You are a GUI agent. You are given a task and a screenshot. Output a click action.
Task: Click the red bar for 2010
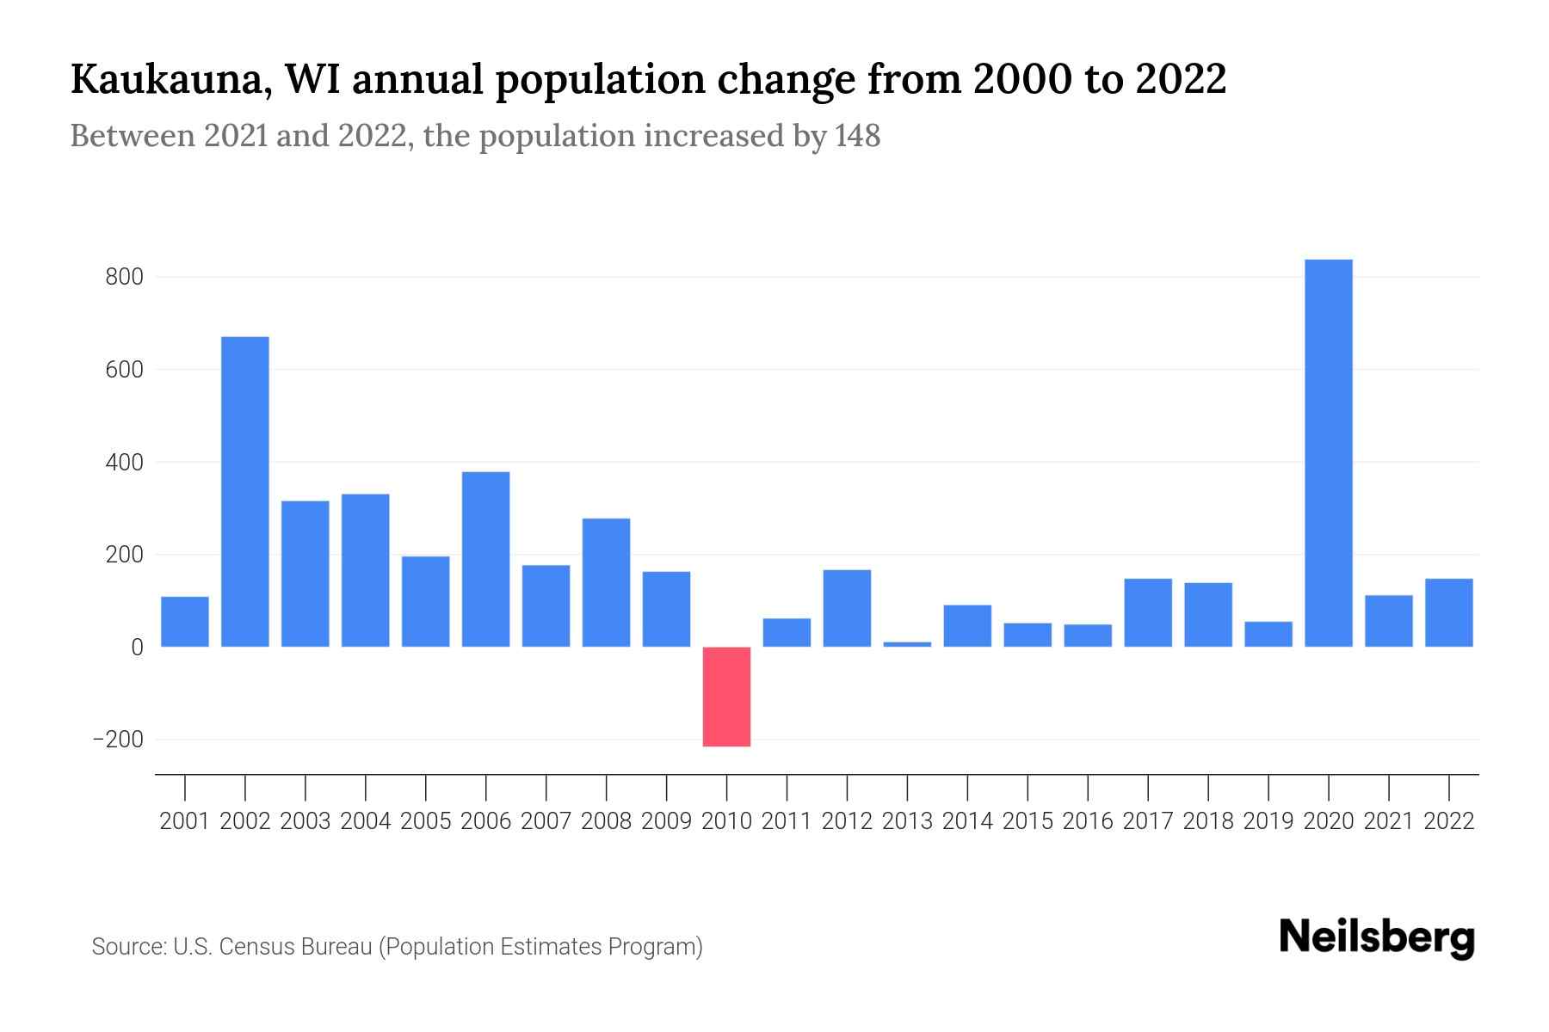[726, 696]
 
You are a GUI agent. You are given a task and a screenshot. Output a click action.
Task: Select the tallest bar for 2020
[1328, 453]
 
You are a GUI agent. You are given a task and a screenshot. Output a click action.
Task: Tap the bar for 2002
[245, 491]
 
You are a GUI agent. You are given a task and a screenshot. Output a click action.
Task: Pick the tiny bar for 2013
[907, 643]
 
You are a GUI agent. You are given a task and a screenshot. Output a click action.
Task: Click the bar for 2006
[485, 559]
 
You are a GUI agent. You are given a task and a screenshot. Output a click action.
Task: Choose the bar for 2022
[1448, 612]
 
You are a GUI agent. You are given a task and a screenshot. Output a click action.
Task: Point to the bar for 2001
[185, 621]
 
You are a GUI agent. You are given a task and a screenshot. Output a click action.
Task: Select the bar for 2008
[606, 582]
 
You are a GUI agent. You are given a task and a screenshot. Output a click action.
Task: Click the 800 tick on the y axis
[125, 277]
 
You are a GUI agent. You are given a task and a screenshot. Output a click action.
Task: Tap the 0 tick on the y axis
[136, 648]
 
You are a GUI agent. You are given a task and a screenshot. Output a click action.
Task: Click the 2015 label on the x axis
[1028, 821]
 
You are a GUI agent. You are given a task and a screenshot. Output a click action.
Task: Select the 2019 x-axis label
[1268, 821]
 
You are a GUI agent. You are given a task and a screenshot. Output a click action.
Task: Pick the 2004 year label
[366, 821]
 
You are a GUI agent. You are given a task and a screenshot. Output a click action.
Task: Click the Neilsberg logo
[1377, 937]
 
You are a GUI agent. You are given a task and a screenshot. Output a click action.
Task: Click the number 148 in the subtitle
[857, 136]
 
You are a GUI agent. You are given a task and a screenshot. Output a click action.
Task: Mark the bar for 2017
[1148, 612]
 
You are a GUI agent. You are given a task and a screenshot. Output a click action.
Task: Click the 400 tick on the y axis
[125, 463]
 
